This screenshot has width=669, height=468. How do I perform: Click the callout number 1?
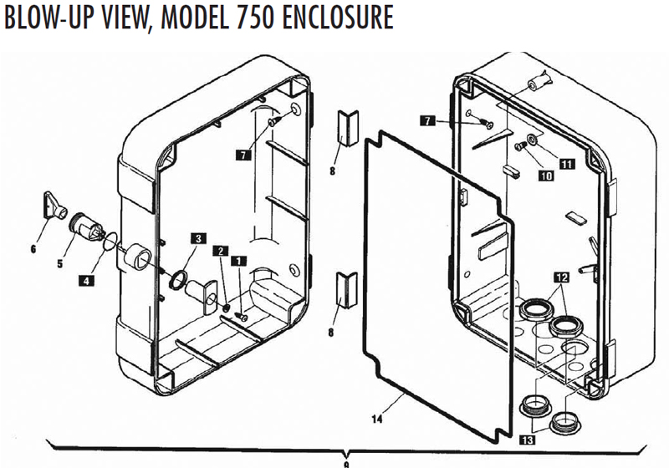pyautogui.click(x=241, y=261)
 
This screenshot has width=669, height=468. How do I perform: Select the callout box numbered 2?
pyautogui.click(x=219, y=251)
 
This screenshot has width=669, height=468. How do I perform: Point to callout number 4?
pyautogui.click(x=87, y=281)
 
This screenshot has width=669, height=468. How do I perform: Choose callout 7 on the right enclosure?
pyautogui.click(x=427, y=121)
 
